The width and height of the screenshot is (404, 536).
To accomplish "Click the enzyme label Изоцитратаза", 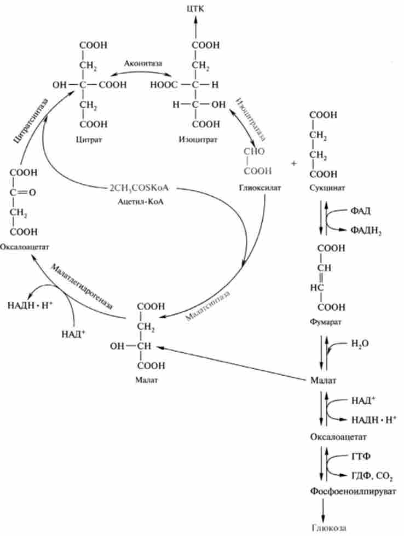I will click(250, 118).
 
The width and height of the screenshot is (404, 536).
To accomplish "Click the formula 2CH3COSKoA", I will click(139, 188).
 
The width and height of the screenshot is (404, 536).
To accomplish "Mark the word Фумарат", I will click(325, 322).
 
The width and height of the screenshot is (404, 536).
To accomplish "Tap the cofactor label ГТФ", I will click(359, 455).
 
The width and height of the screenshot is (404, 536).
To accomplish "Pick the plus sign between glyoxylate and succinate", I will click(293, 163).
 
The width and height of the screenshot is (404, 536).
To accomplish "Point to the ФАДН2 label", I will click(365, 231).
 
